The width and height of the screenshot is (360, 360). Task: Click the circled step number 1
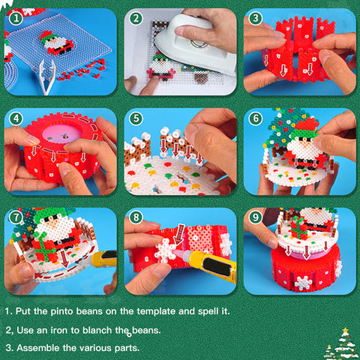[16, 19]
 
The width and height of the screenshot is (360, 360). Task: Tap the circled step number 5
[136, 118]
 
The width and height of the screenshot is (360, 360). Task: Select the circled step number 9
[256, 217]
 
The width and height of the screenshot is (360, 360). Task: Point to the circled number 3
[256, 18]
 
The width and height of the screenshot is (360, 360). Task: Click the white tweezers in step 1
[47, 76]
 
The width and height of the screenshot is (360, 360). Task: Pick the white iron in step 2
[196, 45]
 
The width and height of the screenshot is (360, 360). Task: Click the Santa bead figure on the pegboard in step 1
[57, 43]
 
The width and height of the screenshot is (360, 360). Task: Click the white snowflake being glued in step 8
[166, 250]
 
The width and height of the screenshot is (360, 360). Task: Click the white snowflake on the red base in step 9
[304, 283]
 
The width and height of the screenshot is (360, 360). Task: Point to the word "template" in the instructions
[156, 311]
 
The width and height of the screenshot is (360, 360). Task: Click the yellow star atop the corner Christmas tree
[345, 331]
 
